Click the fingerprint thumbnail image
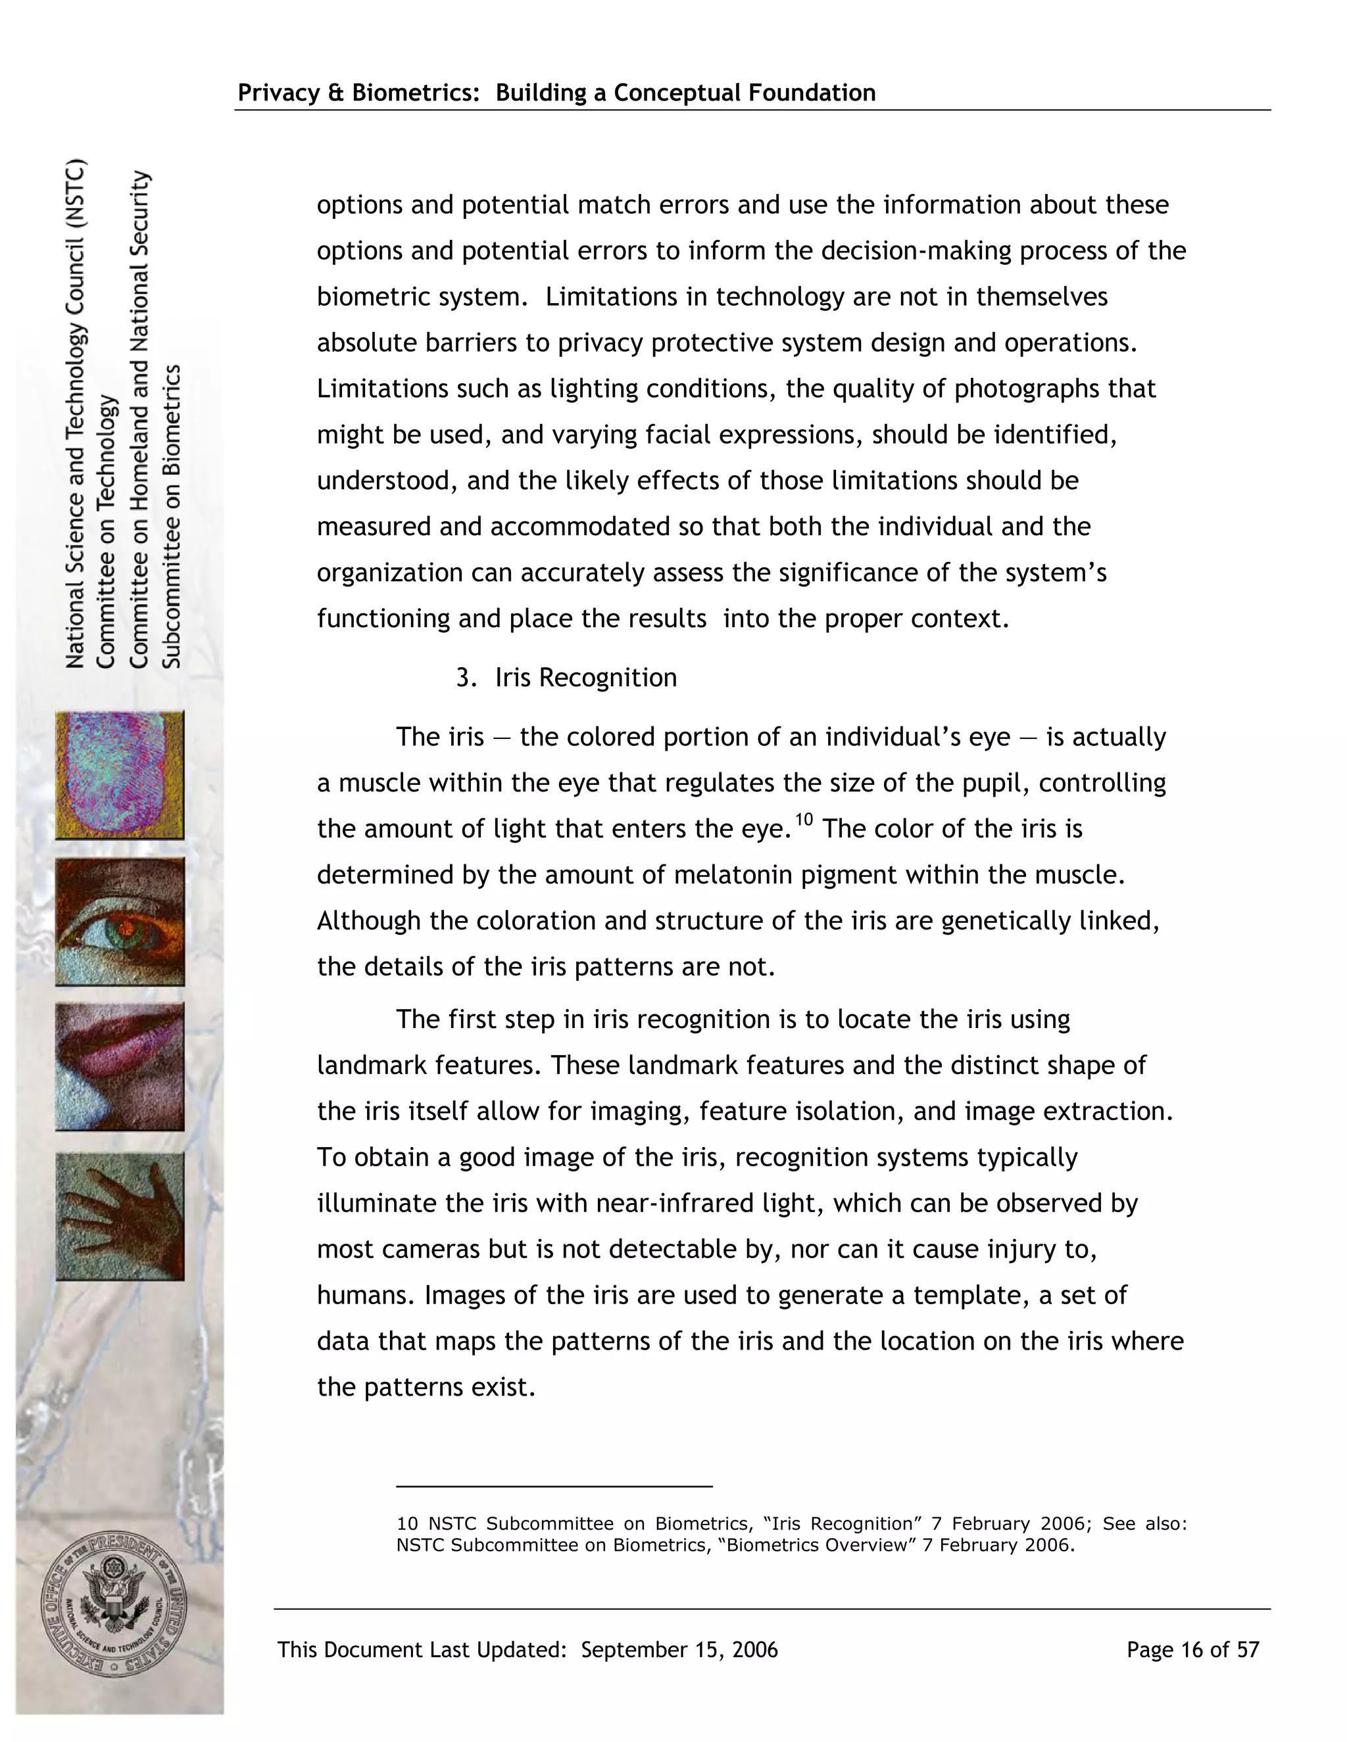coord(120,774)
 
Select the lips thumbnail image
coord(120,1066)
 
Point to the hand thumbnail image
coord(120,1215)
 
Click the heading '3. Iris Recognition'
coord(566,677)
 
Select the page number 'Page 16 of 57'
coord(1192,1649)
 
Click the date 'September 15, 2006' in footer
coord(679,1649)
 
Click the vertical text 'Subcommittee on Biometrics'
coord(172,516)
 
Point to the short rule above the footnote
coord(554,1486)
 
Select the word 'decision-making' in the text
coord(916,250)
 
